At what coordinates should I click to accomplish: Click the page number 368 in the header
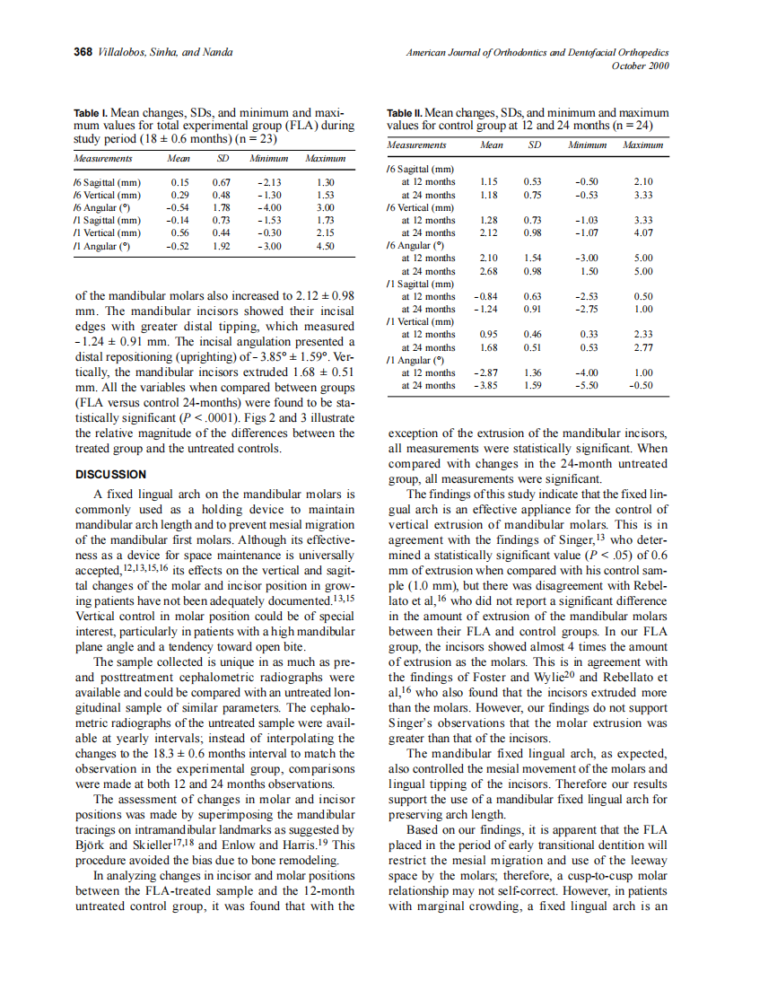[83, 51]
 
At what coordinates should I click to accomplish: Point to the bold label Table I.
[91, 114]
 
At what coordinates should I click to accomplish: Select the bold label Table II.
[404, 113]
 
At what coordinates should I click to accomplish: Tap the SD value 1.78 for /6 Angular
[221, 206]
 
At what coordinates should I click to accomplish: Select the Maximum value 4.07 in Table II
[642, 232]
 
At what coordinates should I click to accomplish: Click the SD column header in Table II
[535, 144]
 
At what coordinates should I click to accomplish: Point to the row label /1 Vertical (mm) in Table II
[421, 321]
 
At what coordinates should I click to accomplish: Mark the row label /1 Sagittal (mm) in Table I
[108, 219]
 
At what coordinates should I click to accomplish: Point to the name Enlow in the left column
[240, 844]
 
